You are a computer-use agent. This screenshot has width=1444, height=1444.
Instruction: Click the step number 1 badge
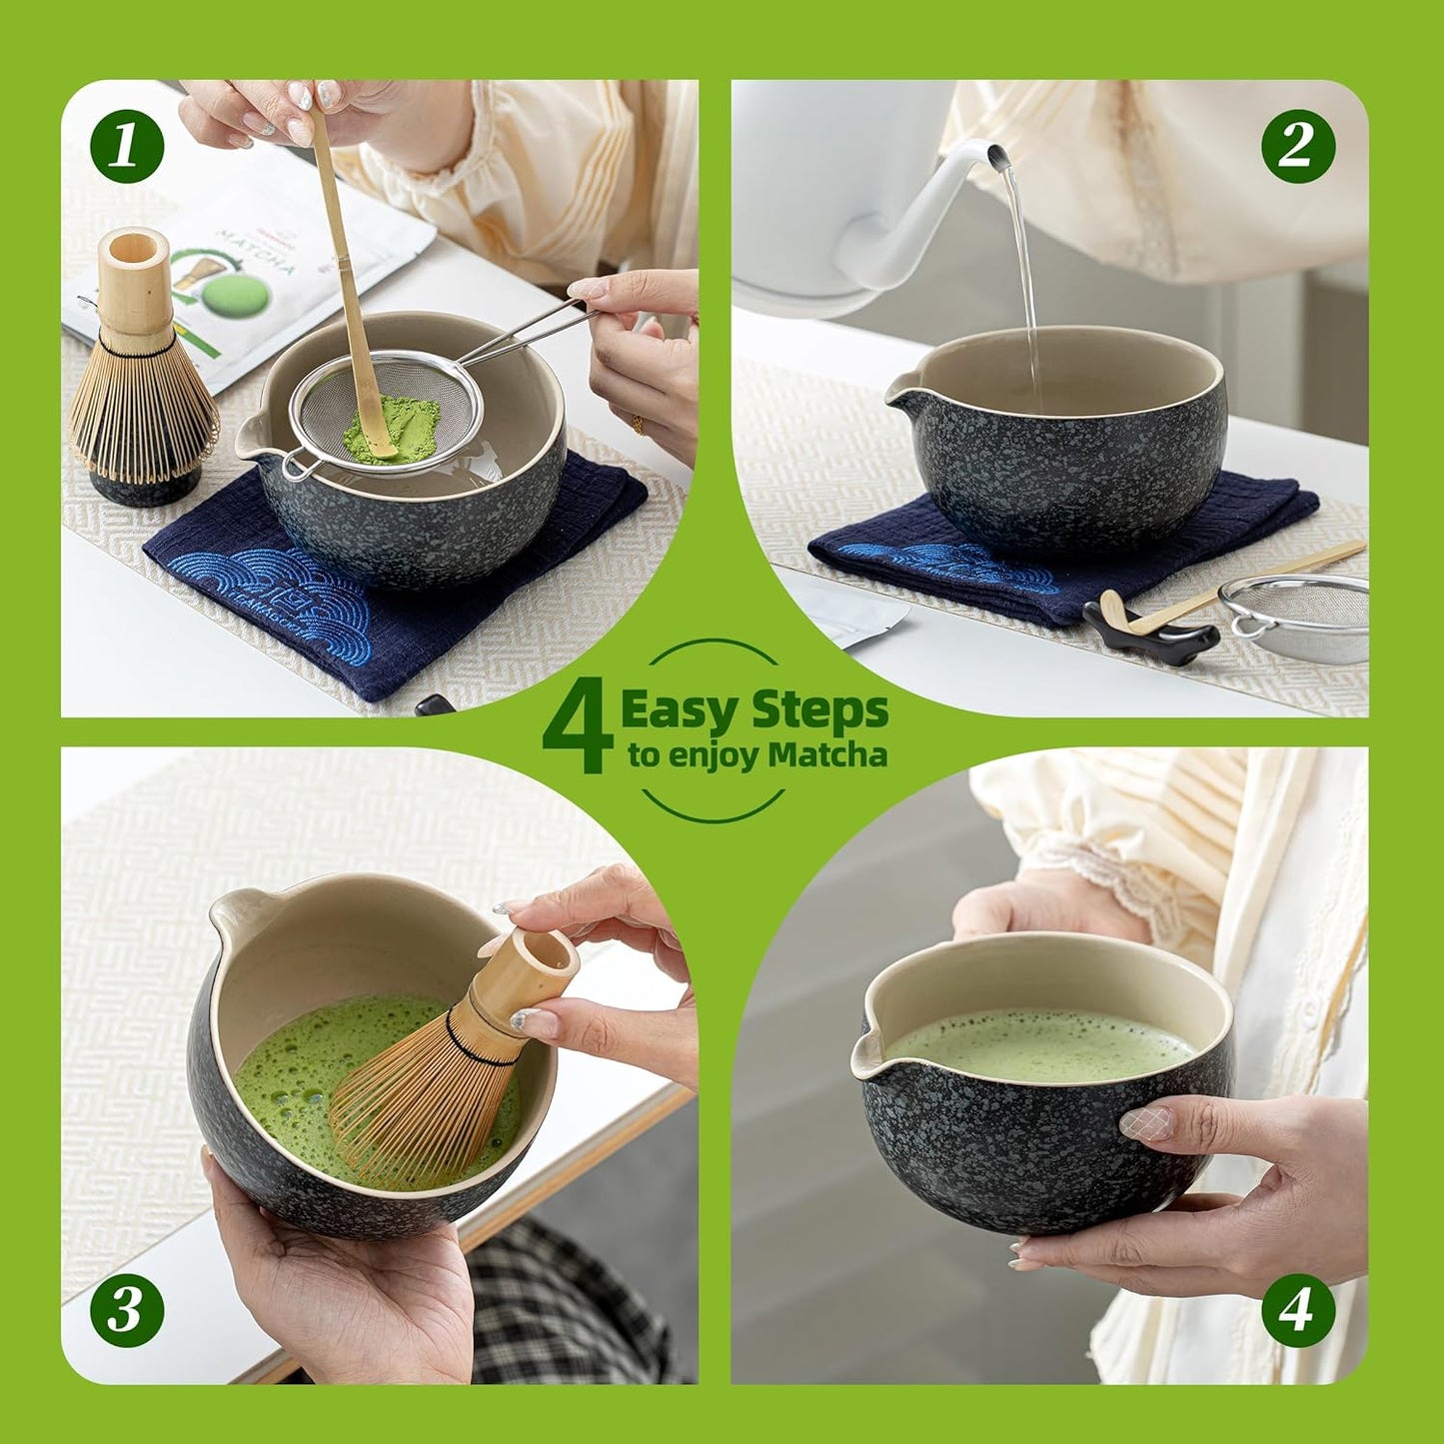coord(127,147)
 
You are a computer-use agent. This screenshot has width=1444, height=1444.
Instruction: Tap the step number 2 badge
coord(1297,147)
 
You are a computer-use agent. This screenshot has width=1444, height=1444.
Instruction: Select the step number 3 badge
coord(127,1309)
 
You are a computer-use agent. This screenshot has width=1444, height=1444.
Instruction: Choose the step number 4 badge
coord(1297,1309)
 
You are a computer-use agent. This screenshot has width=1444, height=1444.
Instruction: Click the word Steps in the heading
coord(819,711)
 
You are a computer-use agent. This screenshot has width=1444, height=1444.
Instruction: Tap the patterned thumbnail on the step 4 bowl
coord(1146,1123)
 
